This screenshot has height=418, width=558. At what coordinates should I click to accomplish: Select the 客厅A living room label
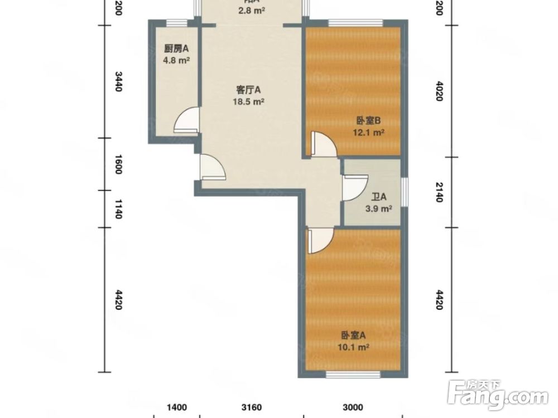pyautogui.click(x=248, y=90)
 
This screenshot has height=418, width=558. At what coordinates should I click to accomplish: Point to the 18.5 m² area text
pyautogui.click(x=248, y=101)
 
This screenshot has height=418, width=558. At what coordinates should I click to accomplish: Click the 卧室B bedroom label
pyautogui.click(x=368, y=120)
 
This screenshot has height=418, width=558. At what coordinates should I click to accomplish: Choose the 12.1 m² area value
pyautogui.click(x=368, y=133)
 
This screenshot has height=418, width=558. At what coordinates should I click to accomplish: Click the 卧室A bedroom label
pyautogui.click(x=353, y=335)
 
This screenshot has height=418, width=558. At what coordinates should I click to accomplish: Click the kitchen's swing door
pyautogui.click(x=186, y=120)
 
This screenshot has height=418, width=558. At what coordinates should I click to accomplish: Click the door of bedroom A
pyautogui.click(x=319, y=240)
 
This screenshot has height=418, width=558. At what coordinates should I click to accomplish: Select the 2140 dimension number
pyautogui.click(x=439, y=192)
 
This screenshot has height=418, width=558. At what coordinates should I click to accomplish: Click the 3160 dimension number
pyautogui.click(x=252, y=407)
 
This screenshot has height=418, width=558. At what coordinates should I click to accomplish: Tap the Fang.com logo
pyautogui.click(x=499, y=395)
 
